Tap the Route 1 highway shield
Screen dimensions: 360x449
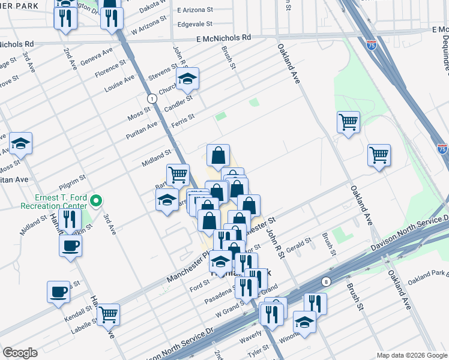pyautogui.click(x=152, y=98)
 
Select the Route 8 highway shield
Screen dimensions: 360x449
pyautogui.click(x=325, y=281)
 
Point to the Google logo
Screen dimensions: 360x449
pyautogui.click(x=20, y=353)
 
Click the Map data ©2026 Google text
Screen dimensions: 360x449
pyautogui.click(x=411, y=355)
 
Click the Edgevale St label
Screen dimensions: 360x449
pyautogui.click(x=195, y=25)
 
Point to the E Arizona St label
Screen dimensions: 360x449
pyautogui.click(x=195, y=11)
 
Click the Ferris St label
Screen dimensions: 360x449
pyautogui.click(x=183, y=117)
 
